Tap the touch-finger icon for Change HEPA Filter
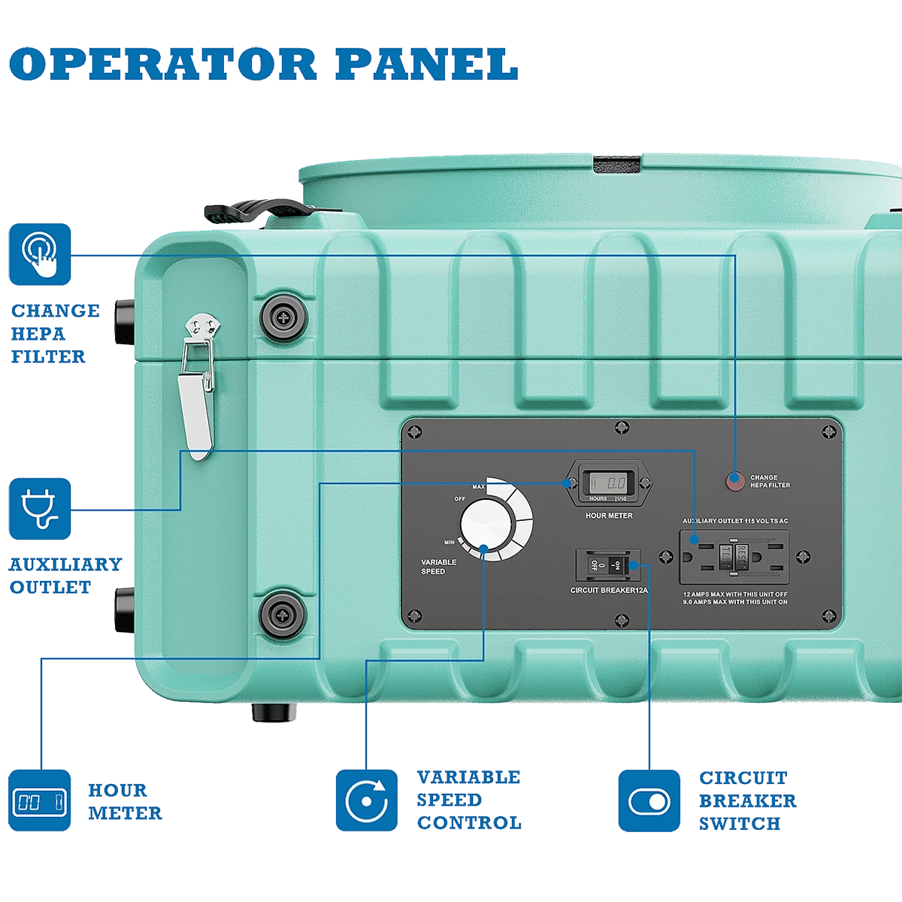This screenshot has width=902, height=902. click(40, 255)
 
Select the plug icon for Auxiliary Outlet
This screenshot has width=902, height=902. click(40, 509)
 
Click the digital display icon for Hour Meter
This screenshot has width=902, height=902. click(40, 801)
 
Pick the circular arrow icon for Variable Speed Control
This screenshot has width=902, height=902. click(366, 801)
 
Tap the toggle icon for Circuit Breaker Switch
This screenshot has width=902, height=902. click(649, 801)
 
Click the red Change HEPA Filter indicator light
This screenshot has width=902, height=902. click(735, 481)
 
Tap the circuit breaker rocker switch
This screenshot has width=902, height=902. click(608, 564)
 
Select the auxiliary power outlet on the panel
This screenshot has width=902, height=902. click(734, 556)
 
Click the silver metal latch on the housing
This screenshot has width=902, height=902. click(199, 383)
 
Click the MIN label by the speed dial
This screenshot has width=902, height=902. click(449, 542)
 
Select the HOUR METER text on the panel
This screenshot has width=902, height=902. click(608, 516)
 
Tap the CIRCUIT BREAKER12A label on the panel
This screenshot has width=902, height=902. click(609, 591)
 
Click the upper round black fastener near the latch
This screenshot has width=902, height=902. click(283, 318)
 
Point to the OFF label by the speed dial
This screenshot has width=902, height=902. click(459, 498)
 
